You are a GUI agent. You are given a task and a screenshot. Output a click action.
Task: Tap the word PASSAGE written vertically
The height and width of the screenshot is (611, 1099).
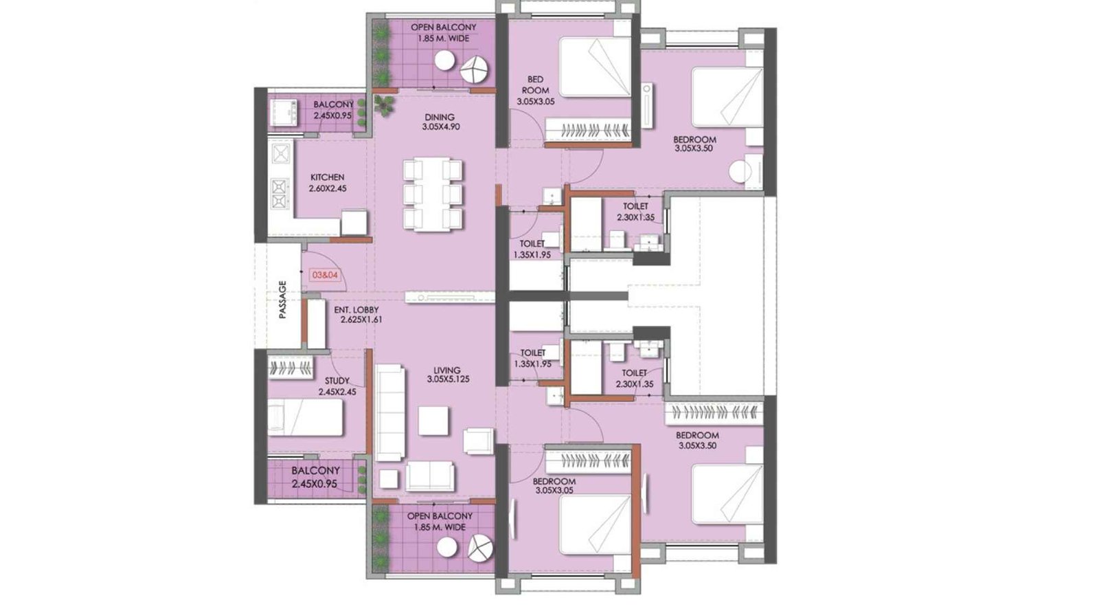coord(282,300)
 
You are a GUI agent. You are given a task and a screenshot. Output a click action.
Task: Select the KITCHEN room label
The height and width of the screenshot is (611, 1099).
coord(327,177)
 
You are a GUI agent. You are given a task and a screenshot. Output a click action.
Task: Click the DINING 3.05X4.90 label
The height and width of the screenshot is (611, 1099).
coord(440,122)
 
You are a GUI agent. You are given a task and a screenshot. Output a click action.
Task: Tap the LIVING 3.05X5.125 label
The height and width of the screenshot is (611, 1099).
coord(447,375)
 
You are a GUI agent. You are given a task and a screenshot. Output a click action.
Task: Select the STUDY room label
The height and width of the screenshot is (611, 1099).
coord(337,381)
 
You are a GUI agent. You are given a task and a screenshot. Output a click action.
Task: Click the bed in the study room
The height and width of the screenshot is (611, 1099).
coord(305,418)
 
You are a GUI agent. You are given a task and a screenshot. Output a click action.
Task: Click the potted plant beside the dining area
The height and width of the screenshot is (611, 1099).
coord(385,105)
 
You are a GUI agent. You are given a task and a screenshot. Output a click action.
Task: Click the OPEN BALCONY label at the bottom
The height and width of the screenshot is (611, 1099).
coord(440,515)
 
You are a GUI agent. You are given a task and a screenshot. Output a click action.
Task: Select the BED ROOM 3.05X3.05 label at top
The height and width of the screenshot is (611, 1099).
coord(535,90)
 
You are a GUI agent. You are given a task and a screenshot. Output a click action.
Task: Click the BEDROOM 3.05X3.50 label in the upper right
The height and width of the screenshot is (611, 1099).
coord(695,144)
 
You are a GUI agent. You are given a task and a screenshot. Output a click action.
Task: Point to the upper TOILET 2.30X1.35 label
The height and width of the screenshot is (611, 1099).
coord(635,212)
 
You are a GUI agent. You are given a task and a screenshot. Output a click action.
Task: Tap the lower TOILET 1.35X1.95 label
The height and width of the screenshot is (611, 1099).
coord(532,358)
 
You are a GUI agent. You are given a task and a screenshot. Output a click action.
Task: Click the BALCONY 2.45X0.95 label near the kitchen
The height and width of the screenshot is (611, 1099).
coord(332,110)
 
